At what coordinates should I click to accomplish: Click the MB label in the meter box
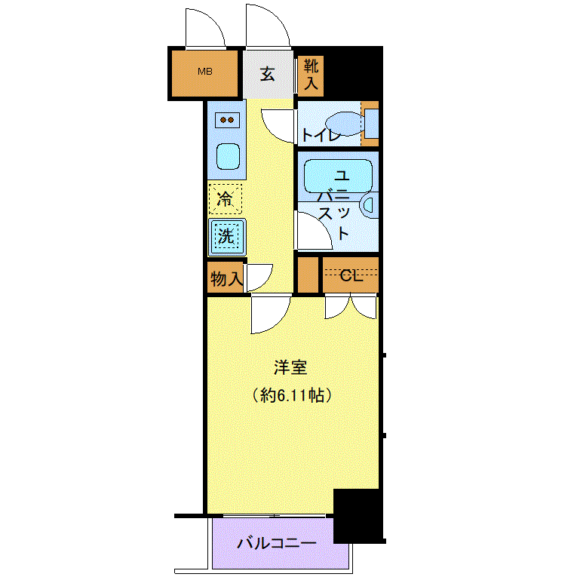coord(205,72)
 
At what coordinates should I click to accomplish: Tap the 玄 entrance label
coord(268,75)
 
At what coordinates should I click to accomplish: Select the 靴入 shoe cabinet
coord(311,76)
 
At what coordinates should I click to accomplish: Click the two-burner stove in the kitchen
coord(227,120)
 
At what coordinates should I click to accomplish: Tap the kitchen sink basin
coord(228,156)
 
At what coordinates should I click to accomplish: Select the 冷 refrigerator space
coord(226,199)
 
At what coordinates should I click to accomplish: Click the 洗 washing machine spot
coord(227,237)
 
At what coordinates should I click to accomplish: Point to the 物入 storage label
coord(227,278)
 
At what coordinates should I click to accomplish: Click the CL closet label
coord(351,275)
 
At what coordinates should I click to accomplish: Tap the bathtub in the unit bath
coord(338,176)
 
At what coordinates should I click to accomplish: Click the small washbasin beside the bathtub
coord(368,204)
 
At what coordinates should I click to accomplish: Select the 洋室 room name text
coord(290,367)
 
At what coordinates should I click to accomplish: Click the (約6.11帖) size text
coord(292,395)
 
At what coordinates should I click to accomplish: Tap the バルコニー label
coord(277,543)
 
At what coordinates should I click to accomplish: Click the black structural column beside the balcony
coord(358,516)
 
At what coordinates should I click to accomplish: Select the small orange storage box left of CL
coord(308,275)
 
